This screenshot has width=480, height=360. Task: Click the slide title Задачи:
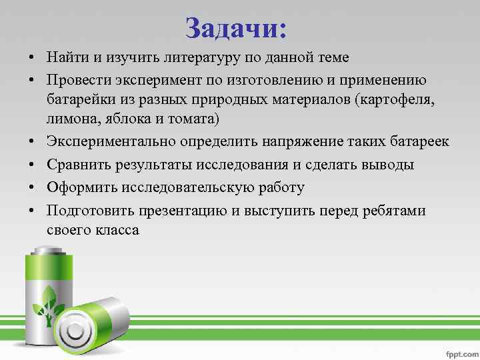click(236, 28)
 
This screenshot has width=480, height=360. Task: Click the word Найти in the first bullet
click(66, 58)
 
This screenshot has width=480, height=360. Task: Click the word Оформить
click(79, 187)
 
